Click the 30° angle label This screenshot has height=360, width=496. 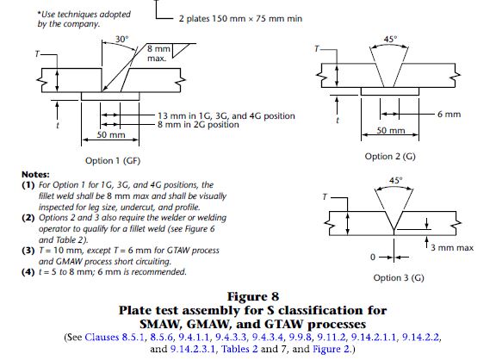pos(122,40)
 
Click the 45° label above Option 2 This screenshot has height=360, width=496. pos(390,40)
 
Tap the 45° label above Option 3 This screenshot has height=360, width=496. pos(396,180)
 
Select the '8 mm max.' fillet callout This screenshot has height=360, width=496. pos(158,53)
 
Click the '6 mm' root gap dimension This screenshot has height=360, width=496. pos(449,115)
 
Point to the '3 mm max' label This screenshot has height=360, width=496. pos(452,248)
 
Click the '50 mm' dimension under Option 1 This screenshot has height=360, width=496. pos(111,135)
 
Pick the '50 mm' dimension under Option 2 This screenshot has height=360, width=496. pos(391,130)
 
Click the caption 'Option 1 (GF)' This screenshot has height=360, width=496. pos(113,161)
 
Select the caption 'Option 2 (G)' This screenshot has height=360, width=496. pos(390,156)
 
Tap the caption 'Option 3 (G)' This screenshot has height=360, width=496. pos(399,277)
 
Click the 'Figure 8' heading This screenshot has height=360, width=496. pos(253,297)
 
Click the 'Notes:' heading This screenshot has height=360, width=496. pos(35,174)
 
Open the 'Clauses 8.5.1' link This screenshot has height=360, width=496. pos(115,338)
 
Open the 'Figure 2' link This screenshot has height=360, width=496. pos(332,349)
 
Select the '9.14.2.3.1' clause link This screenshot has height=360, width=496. pos(192,349)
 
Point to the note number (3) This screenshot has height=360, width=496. pos(28,251)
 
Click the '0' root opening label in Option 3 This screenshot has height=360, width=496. pos(373,258)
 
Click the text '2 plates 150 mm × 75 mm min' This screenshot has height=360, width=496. pos(240,19)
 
